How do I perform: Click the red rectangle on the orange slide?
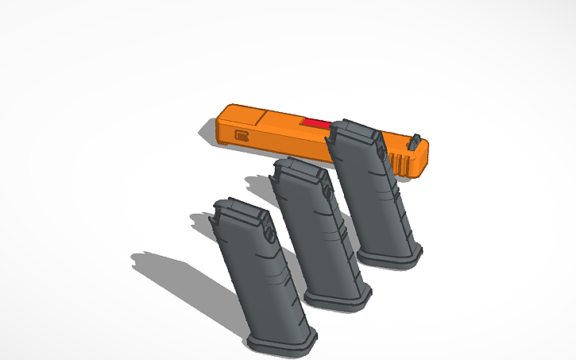[315, 123]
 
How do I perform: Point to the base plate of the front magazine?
[282, 341]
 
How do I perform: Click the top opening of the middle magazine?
[298, 168]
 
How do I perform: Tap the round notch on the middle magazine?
[326, 193]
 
